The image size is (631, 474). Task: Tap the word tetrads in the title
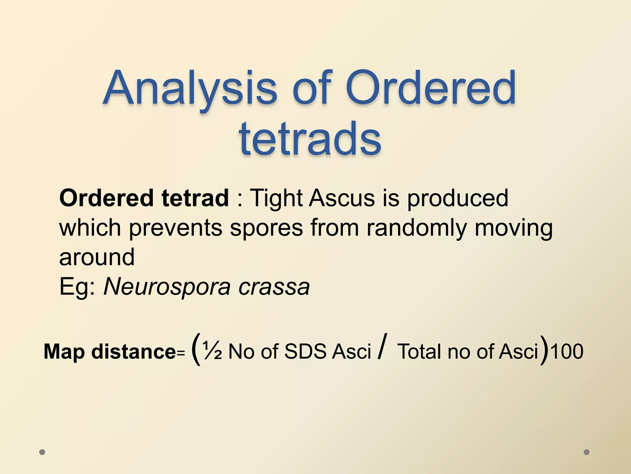[x=310, y=139]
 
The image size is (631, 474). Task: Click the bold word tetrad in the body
[x=195, y=198]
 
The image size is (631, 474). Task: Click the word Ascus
[x=342, y=198]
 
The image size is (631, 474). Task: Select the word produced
[x=458, y=198]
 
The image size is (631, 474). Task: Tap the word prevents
[x=176, y=228]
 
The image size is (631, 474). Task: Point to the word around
[x=97, y=257]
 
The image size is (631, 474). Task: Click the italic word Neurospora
[x=167, y=286]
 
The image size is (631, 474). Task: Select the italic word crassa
[x=274, y=286]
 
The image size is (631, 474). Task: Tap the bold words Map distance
[x=110, y=351]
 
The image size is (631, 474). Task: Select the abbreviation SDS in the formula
[x=305, y=351]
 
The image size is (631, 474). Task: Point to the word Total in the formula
[x=419, y=351]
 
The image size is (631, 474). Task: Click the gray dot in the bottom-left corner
[x=43, y=452]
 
